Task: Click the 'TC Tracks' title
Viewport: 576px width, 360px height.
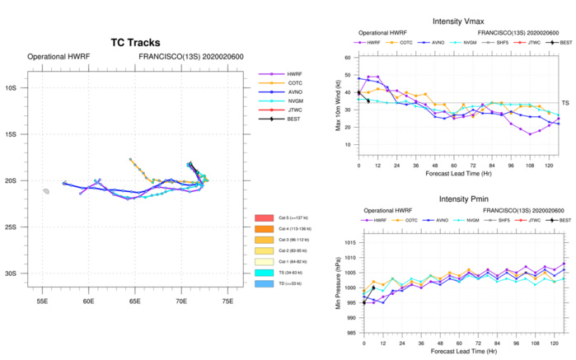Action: coord(135,43)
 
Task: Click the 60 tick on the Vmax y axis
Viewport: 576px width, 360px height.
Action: coord(349,58)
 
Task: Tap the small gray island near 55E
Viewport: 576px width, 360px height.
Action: coord(47,191)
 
